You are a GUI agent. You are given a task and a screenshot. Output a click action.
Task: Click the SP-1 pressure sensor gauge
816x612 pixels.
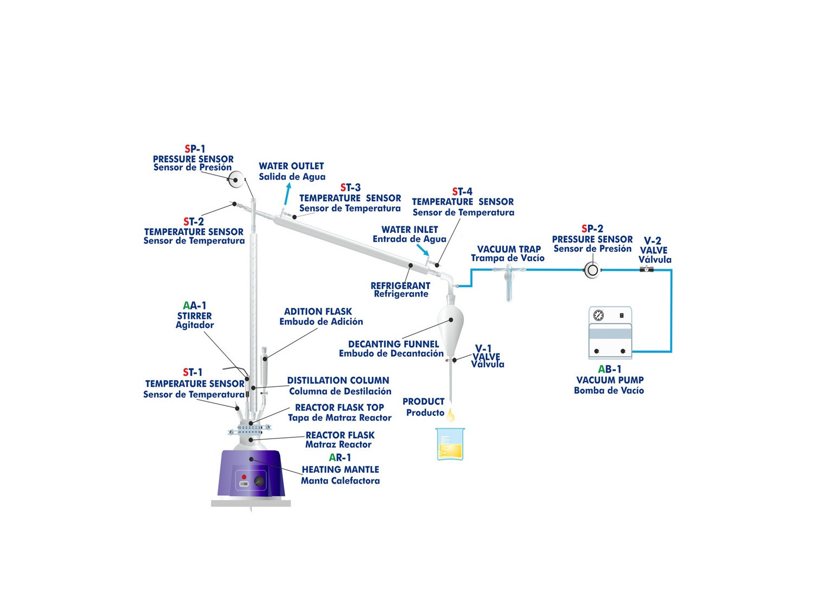pyautogui.click(x=236, y=180)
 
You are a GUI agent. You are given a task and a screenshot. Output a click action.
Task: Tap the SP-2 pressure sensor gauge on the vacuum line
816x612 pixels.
pyautogui.click(x=591, y=270)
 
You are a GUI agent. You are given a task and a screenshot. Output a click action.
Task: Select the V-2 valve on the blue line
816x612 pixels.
pyautogui.click(x=646, y=269)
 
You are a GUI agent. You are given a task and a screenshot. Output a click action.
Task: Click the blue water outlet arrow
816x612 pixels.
pyautogui.click(x=288, y=193)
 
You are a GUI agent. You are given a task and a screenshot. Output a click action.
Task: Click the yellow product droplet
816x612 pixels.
pyautogui.click(x=450, y=415)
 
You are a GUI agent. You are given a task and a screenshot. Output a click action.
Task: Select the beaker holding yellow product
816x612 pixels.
pyautogui.click(x=450, y=444)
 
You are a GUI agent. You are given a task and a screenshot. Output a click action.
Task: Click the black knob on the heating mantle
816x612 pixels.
pyautogui.click(x=259, y=481)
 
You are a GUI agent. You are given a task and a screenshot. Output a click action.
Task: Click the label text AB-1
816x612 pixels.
pyautogui.click(x=609, y=369)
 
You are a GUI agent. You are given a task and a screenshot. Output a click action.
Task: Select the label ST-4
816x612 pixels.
pyautogui.click(x=462, y=191)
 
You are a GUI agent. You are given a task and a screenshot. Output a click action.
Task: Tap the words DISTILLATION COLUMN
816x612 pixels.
pyautogui.click(x=338, y=380)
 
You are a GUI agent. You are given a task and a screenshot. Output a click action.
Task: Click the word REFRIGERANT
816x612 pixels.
pyautogui.click(x=400, y=286)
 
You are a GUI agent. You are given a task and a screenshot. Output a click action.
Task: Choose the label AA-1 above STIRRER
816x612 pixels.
pyautogui.click(x=194, y=305)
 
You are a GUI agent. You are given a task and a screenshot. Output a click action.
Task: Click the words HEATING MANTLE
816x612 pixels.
pyautogui.click(x=340, y=469)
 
